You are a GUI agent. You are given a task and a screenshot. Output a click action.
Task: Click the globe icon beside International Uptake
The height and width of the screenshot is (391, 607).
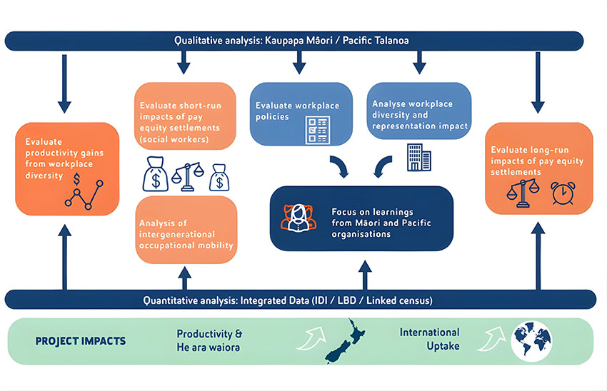[x=531, y=340]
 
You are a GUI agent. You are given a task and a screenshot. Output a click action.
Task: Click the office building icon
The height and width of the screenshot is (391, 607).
[x=416, y=156]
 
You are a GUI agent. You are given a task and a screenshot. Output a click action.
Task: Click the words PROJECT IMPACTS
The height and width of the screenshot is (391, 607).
[x=81, y=341]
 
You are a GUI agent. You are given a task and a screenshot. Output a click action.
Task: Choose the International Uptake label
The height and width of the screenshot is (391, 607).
[x=429, y=340]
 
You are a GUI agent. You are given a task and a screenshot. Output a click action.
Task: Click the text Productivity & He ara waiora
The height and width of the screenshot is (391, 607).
[x=209, y=340]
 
